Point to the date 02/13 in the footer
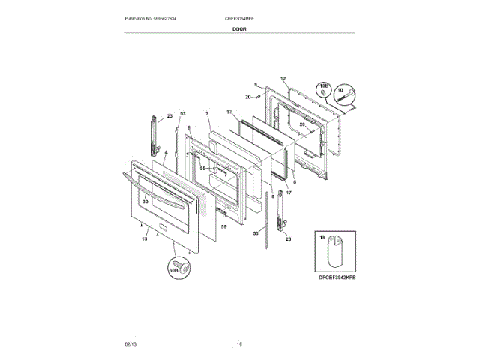click(x=130, y=343)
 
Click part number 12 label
click(x=283, y=78)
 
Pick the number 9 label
click(x=255, y=85)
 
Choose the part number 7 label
click(x=207, y=113)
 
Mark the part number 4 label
click(x=166, y=151)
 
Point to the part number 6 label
click(x=188, y=128)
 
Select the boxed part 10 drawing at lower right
click(x=332, y=253)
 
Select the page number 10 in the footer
click(x=239, y=343)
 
